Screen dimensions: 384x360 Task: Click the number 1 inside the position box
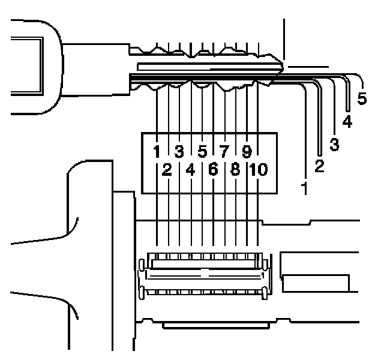point(156,151)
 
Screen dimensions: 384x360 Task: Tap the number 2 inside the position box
point(167,170)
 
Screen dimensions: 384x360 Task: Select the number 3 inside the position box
point(179,151)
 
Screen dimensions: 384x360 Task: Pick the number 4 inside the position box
point(190,170)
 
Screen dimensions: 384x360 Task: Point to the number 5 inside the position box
point(202,151)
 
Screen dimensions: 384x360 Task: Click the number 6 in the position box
point(214,170)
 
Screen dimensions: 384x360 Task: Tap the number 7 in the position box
point(225,151)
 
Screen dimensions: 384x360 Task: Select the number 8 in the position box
point(236,170)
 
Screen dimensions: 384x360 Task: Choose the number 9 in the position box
point(247,151)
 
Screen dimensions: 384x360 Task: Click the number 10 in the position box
point(258,170)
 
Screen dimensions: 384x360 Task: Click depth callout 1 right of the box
point(305,190)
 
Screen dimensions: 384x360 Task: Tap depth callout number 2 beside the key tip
point(319,166)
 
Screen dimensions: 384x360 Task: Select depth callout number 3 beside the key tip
point(334,145)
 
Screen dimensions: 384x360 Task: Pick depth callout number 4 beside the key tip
point(348,122)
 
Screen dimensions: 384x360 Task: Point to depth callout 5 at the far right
point(362,98)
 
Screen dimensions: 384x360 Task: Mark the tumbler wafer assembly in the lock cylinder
point(204,274)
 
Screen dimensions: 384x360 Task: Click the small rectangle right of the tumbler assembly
point(316,281)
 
